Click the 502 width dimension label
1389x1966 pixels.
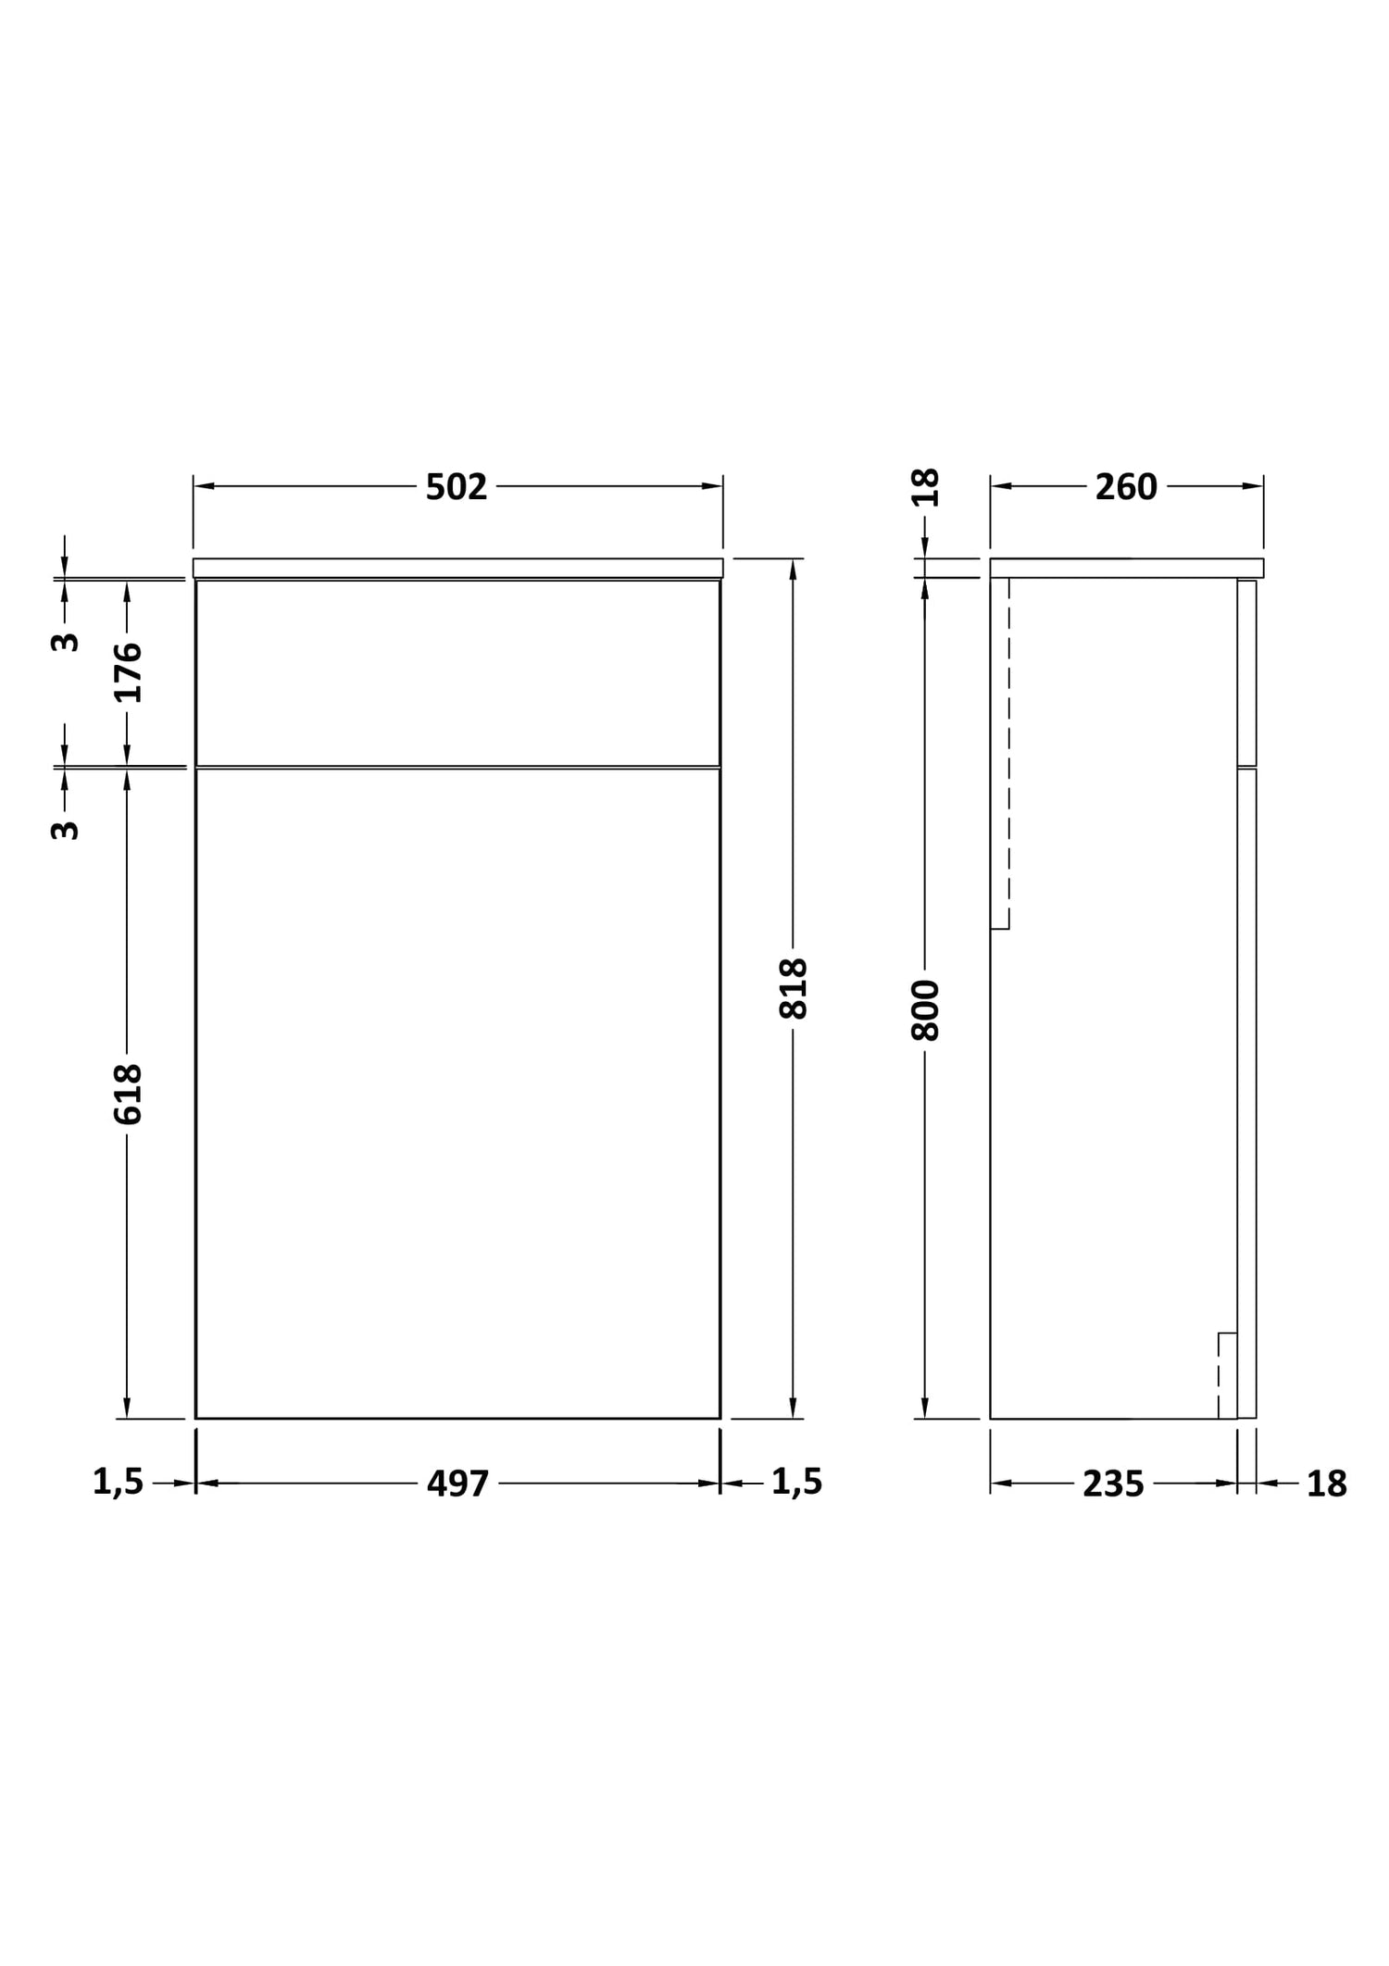tap(457, 487)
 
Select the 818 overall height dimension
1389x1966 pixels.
tap(794, 988)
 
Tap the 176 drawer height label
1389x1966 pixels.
tap(128, 672)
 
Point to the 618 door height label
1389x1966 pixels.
tap(128, 1095)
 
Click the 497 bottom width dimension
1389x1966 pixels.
tap(457, 1484)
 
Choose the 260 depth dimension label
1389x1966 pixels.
tap(1126, 487)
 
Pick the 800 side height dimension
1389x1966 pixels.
tap(925, 1010)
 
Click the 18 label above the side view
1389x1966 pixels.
tap(925, 487)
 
